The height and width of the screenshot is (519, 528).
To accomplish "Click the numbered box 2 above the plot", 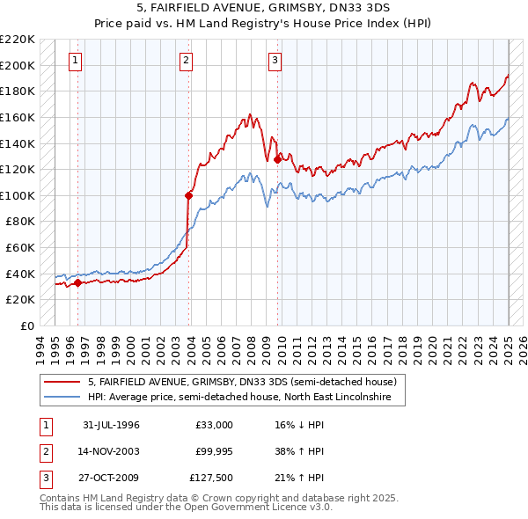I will pos(187,61).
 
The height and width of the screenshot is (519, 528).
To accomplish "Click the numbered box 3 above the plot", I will pos(275,61).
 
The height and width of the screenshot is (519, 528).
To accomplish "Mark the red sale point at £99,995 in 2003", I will pos(189,195).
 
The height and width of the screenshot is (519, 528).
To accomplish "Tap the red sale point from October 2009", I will pos(278,159).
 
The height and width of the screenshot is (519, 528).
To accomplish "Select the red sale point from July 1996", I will pos(78,282).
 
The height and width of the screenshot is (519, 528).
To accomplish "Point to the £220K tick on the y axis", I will pos(18,40).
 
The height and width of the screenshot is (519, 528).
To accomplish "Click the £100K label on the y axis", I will pos(18,195).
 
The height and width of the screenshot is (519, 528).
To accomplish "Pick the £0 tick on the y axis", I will pos(26,325).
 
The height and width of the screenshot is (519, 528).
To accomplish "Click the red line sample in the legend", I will pos(62,382).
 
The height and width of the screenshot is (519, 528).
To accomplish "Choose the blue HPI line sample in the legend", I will pos(62,398).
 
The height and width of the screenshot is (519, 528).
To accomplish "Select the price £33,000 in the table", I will pos(214,425).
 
